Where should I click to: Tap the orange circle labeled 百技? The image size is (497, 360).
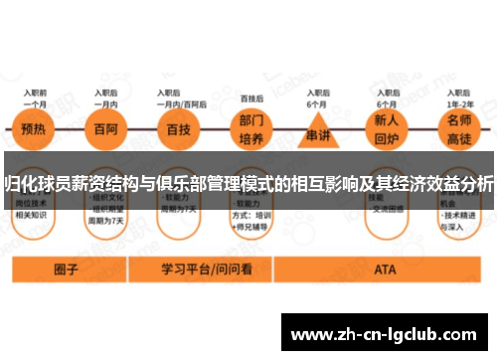coord(180,130)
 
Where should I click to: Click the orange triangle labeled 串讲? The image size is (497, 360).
coord(318,133)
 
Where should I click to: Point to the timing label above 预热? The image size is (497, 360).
coord(36,96)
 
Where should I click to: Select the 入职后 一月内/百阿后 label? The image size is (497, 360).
coord(180,96)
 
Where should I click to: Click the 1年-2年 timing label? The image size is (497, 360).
coord(458,102)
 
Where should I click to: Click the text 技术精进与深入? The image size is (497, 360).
coord(457,220)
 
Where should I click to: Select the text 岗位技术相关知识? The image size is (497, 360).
coord(33,207)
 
